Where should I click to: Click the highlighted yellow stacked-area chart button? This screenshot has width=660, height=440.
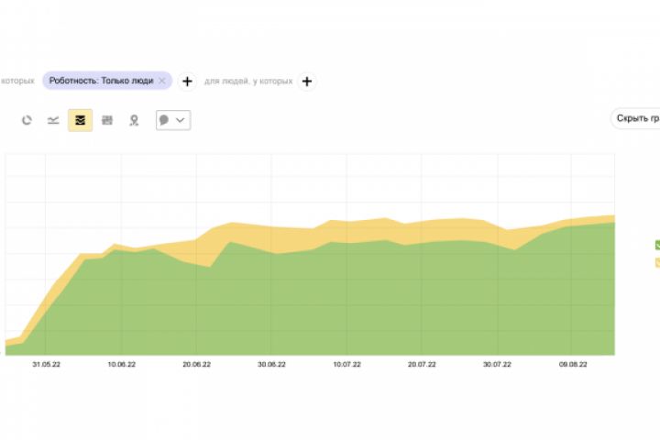tap(80, 120)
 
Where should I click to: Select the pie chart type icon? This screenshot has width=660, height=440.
tap(27, 120)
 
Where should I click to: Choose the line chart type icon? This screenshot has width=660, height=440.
tap(53, 120)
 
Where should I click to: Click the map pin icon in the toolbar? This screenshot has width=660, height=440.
tap(134, 120)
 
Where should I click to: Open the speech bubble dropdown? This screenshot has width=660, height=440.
tap(172, 120)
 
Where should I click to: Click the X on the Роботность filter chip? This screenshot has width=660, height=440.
tap(162, 81)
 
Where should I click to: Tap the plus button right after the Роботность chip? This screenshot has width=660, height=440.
tap(187, 81)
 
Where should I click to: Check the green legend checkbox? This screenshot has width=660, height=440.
tap(657, 245)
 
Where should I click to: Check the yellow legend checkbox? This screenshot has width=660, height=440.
tap(657, 262)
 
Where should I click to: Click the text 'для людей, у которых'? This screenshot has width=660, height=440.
tap(248, 81)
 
